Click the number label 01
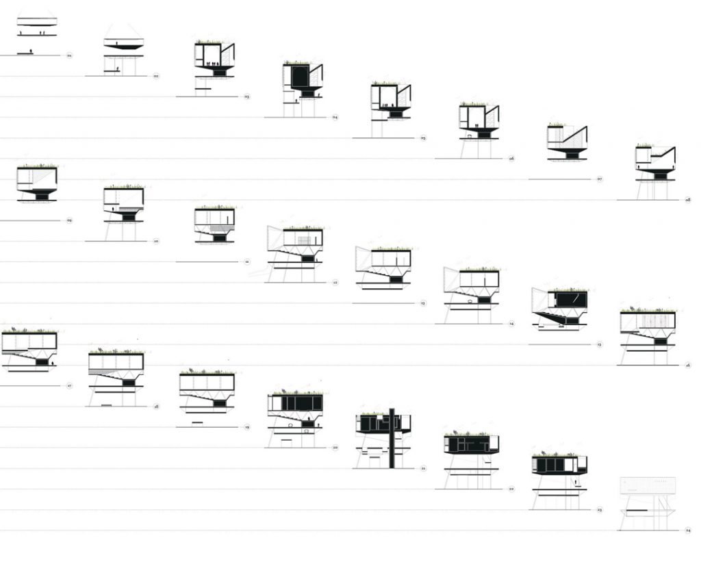(70, 55)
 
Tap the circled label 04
(335, 118)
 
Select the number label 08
(688, 200)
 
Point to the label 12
(335, 282)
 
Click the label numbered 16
(688, 366)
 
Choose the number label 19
(246, 427)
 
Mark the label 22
(511, 489)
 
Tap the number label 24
(688, 531)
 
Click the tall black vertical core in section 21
(391, 438)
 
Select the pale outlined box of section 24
(648, 485)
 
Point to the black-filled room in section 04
(299, 76)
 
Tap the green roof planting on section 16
(648, 310)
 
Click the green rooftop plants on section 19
(207, 372)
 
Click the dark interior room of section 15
(571, 300)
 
